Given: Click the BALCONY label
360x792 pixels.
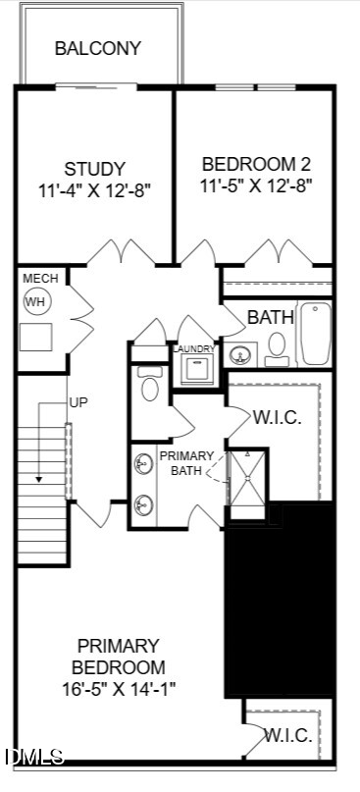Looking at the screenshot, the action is pyautogui.click(x=98, y=48).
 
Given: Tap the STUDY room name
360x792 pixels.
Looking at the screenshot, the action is pyautogui.click(x=94, y=168).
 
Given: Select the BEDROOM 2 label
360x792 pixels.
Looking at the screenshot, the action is pyautogui.click(x=256, y=164).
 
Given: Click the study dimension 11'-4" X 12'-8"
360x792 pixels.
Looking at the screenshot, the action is pyautogui.click(x=94, y=191).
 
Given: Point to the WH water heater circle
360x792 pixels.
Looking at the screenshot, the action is pyautogui.click(x=35, y=302).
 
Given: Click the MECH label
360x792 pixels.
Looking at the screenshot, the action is pyautogui.click(x=40, y=279).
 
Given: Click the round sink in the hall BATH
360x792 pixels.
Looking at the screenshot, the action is pyautogui.click(x=239, y=355).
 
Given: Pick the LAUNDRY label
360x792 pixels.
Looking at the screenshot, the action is pyautogui.click(x=194, y=348).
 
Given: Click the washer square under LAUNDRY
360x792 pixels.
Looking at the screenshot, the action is pyautogui.click(x=197, y=370).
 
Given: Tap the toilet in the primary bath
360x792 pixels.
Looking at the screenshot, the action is pyautogui.click(x=149, y=384).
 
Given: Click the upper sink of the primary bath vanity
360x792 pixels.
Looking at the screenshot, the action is pyautogui.click(x=144, y=463).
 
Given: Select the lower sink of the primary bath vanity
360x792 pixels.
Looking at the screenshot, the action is pyautogui.click(x=144, y=504).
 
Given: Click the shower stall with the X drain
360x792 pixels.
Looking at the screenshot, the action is pyautogui.click(x=247, y=478).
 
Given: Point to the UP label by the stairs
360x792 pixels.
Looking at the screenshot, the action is pyautogui.click(x=78, y=403).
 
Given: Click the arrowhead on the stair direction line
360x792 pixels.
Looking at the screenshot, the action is pyautogui.click(x=39, y=479).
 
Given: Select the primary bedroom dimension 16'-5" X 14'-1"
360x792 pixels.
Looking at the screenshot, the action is pyautogui.click(x=119, y=689).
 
